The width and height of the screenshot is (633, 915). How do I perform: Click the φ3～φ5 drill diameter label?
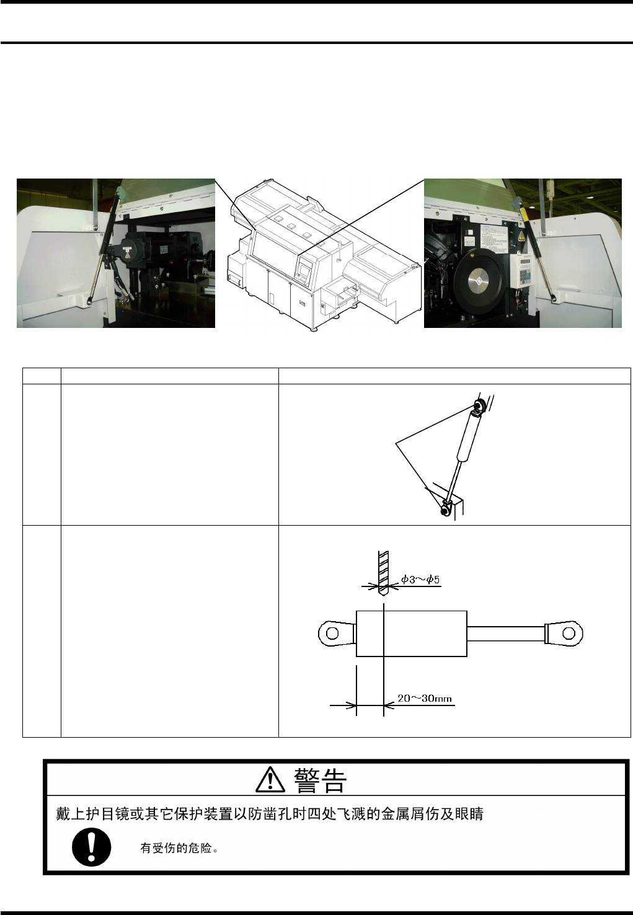click(x=420, y=579)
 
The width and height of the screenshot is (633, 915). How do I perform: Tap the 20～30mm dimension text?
click(x=425, y=698)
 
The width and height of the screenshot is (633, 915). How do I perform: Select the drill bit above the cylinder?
click(x=383, y=573)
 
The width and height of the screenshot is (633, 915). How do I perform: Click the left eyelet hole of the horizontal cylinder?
click(x=333, y=634)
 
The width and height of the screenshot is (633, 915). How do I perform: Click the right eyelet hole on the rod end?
click(x=569, y=634)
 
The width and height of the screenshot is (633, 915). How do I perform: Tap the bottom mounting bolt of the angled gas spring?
click(x=444, y=510)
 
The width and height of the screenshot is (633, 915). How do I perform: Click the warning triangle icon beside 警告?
click(x=270, y=779)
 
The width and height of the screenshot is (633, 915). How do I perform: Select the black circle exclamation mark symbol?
click(x=92, y=847)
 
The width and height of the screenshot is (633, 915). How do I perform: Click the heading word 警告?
click(x=320, y=780)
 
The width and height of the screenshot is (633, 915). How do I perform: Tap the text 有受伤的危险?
click(x=176, y=849)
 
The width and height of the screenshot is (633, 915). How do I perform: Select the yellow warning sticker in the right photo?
click(x=521, y=236)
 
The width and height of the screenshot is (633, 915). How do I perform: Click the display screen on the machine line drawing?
click(x=304, y=269)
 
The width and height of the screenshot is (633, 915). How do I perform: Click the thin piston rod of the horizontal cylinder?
click(x=505, y=634)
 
